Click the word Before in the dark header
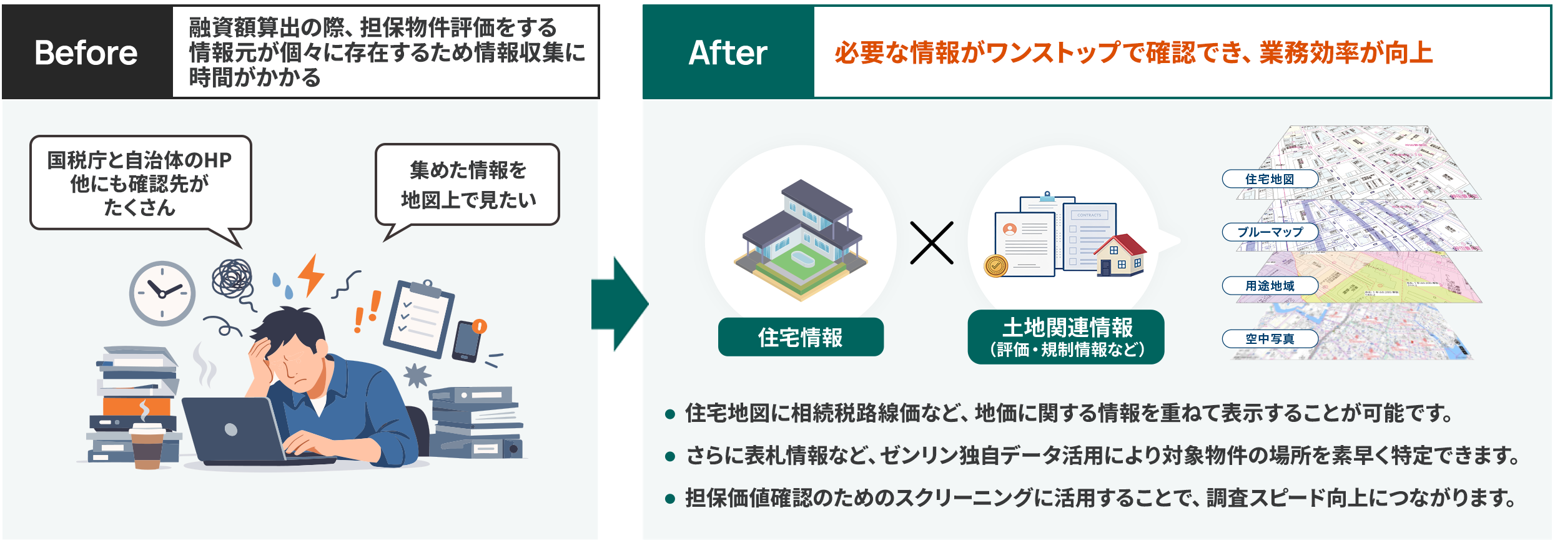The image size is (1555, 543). [x=86, y=52]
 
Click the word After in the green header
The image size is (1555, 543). [x=728, y=52]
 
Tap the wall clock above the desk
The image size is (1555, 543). [x=162, y=293]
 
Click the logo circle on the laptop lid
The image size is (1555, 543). [x=231, y=429]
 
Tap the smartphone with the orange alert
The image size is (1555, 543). [x=468, y=341]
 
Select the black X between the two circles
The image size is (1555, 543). [x=932, y=243]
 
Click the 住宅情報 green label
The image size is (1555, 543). [x=801, y=337]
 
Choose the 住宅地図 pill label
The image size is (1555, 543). [x=1270, y=179]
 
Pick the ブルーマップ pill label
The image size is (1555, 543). [x=1270, y=232]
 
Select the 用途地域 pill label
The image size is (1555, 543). [x=1270, y=286]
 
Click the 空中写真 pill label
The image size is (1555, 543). [x=1270, y=339]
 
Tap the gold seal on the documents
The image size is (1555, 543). [x=996, y=266]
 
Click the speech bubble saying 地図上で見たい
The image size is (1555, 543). [x=467, y=185]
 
